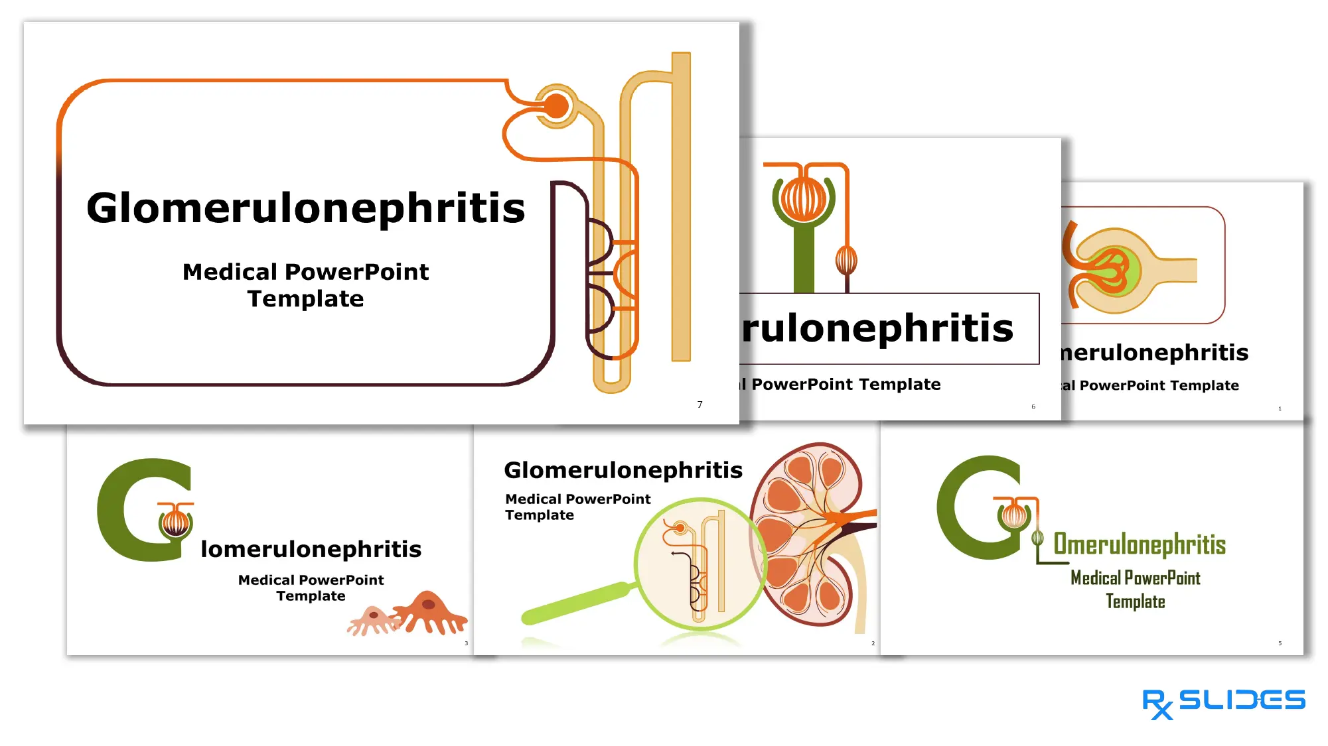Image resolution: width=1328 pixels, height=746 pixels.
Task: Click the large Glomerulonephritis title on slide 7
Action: [x=305, y=208]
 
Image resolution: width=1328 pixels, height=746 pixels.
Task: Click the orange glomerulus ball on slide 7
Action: [x=556, y=105]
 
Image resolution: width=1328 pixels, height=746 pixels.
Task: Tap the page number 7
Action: [x=700, y=404]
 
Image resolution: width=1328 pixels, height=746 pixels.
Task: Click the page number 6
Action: [x=1033, y=406]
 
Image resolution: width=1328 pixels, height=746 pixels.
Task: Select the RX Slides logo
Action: [x=1223, y=702]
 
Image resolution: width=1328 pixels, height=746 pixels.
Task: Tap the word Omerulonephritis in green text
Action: [x=1140, y=544]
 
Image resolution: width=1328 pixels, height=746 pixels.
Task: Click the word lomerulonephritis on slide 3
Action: [x=311, y=549]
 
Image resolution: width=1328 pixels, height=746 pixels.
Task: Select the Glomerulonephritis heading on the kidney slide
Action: [x=623, y=470]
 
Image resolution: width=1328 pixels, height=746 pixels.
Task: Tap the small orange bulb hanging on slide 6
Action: [x=846, y=259]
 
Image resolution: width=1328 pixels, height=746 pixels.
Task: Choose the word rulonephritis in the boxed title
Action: [x=877, y=328]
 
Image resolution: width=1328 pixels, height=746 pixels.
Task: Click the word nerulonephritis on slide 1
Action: [x=1154, y=353]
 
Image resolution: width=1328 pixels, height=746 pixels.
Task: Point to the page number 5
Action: [x=1280, y=643]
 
